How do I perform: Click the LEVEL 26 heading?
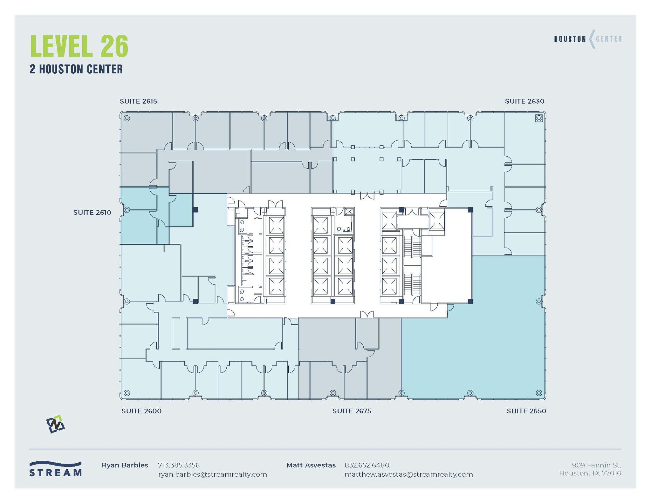79,46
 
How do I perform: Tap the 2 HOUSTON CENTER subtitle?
76,69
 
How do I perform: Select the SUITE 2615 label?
138,101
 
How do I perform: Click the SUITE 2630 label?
524,101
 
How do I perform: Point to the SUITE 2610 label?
92,213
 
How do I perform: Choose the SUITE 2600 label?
141,411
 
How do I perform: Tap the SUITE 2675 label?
352,411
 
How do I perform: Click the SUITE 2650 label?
526,411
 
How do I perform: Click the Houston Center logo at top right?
588,39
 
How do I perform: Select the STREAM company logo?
55,469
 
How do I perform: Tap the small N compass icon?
55,424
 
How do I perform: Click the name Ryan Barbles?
125,466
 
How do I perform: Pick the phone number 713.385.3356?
179,466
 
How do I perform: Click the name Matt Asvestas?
311,466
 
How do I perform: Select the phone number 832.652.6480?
367,466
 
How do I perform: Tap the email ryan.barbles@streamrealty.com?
212,475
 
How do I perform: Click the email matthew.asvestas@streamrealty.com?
408,475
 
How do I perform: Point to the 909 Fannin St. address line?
596,466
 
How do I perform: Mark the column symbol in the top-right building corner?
539,118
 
